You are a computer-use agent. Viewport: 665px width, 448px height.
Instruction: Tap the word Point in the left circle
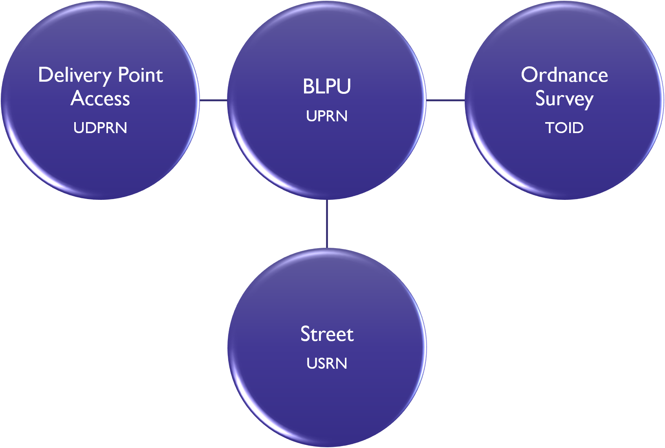tap(140, 75)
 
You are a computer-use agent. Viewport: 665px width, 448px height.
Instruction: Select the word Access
tap(100, 98)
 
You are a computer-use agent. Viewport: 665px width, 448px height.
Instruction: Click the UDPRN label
tap(100, 128)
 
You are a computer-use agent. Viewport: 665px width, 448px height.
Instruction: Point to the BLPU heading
tap(326, 86)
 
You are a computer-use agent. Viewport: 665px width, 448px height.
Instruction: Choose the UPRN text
tap(326, 116)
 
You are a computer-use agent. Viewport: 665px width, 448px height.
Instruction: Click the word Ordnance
tap(564, 75)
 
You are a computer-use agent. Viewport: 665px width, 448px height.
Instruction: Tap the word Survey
tap(564, 99)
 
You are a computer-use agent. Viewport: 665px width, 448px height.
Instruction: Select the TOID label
tap(564, 128)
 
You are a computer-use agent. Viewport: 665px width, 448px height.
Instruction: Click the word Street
tap(327, 334)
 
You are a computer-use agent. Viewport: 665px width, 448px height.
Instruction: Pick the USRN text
tap(327, 364)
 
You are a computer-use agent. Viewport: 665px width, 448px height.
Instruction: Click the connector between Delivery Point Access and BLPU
tap(213, 100)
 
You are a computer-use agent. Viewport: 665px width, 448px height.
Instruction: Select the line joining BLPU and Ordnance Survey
tap(445, 100)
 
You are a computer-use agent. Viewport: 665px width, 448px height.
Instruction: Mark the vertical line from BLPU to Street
tap(327, 224)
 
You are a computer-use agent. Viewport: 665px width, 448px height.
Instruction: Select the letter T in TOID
tap(550, 128)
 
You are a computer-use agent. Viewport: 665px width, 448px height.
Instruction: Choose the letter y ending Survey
tap(587, 101)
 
